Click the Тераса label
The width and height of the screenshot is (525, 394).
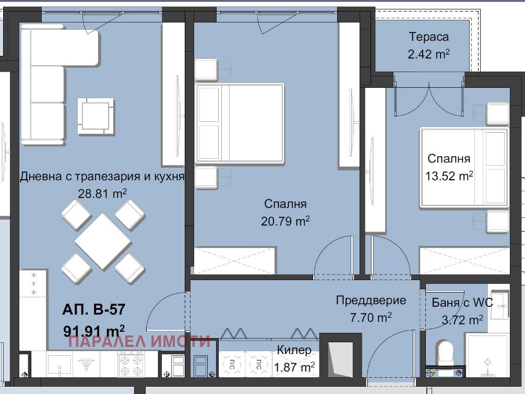(428, 37)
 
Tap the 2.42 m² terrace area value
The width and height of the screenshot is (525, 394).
(428, 54)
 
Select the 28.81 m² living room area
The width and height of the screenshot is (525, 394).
(102, 193)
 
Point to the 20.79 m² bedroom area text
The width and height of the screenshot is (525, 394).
(285, 221)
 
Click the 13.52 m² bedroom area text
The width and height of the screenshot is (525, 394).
(449, 176)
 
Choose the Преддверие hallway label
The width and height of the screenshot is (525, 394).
(371, 300)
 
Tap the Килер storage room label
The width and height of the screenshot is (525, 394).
(294, 350)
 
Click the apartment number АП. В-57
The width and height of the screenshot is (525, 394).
(94, 309)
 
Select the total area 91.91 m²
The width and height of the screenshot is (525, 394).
(94, 331)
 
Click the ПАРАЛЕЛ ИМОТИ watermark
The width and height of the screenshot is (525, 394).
(139, 341)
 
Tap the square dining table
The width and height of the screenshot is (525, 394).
(103, 241)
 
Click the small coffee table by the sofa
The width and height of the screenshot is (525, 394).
(96, 116)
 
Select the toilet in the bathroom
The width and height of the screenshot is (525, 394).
(445, 352)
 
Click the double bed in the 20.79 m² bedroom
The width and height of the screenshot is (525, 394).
(240, 123)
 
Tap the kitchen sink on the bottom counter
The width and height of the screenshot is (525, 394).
(59, 364)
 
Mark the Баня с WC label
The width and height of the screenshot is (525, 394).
(462, 303)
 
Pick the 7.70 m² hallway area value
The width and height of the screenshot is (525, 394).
(371, 317)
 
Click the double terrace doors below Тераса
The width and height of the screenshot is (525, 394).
(429, 96)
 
